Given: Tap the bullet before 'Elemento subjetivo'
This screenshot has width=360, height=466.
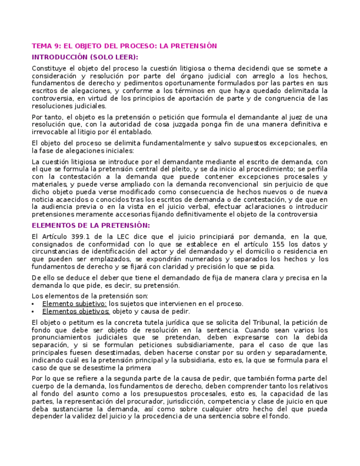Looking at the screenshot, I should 34,304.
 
